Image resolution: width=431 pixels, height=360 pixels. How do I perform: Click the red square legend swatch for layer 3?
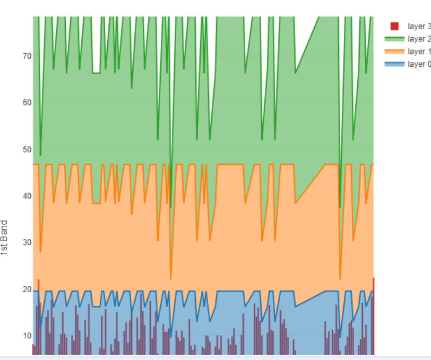394,26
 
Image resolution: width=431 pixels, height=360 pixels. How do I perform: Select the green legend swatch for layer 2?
394,39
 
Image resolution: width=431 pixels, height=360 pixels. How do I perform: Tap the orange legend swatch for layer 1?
394,51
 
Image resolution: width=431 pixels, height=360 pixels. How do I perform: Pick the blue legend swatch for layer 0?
394,64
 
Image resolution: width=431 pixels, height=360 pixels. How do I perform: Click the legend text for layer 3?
418,26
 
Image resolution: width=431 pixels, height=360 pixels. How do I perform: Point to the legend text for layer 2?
418,39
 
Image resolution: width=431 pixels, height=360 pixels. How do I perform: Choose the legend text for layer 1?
418,51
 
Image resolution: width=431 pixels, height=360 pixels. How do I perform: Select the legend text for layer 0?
418,64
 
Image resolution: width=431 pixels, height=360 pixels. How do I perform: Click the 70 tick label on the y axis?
27,56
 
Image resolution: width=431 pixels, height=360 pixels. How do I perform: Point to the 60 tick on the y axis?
27,102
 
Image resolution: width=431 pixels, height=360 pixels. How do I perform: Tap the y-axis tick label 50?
27,149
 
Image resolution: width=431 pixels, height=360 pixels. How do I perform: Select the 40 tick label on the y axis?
27,196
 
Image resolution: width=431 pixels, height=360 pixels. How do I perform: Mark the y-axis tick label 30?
27,242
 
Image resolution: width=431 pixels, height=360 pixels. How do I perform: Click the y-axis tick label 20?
27,289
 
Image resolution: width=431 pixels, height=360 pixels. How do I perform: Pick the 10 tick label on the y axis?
27,336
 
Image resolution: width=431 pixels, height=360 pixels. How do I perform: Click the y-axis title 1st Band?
4,238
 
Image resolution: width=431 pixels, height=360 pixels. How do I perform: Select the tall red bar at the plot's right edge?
373,318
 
